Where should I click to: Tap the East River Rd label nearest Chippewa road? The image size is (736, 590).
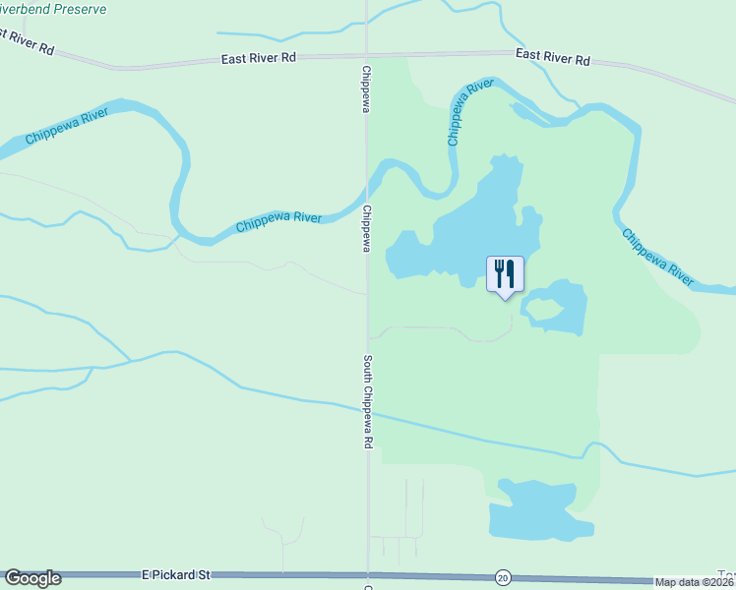point(260,58)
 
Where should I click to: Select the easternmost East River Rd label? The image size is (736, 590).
point(552,58)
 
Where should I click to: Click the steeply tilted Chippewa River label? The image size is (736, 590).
point(469,114)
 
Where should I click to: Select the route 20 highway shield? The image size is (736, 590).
point(503,576)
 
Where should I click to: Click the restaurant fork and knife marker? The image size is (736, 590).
point(505,273)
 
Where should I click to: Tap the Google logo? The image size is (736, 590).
point(32,578)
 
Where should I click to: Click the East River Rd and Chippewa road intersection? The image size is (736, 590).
point(367,55)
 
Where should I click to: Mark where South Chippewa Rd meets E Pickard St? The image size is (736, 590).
point(368,574)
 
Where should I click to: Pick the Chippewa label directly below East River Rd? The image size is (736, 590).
point(366,88)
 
